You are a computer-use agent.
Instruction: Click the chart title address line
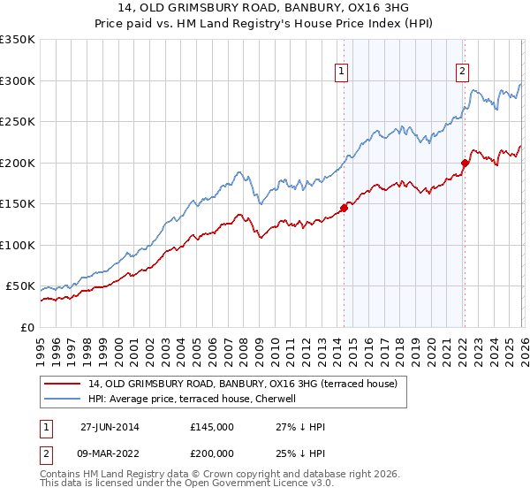264,9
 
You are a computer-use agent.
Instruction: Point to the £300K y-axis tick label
18,80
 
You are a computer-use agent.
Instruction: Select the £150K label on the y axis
18,203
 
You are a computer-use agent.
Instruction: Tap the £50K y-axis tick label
21,286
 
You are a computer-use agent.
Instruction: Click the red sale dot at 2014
344,208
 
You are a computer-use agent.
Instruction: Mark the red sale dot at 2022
465,162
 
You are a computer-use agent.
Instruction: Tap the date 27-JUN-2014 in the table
110,427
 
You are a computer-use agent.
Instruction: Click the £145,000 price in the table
211,427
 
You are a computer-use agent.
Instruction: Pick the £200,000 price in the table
211,452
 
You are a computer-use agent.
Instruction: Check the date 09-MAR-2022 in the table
110,452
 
